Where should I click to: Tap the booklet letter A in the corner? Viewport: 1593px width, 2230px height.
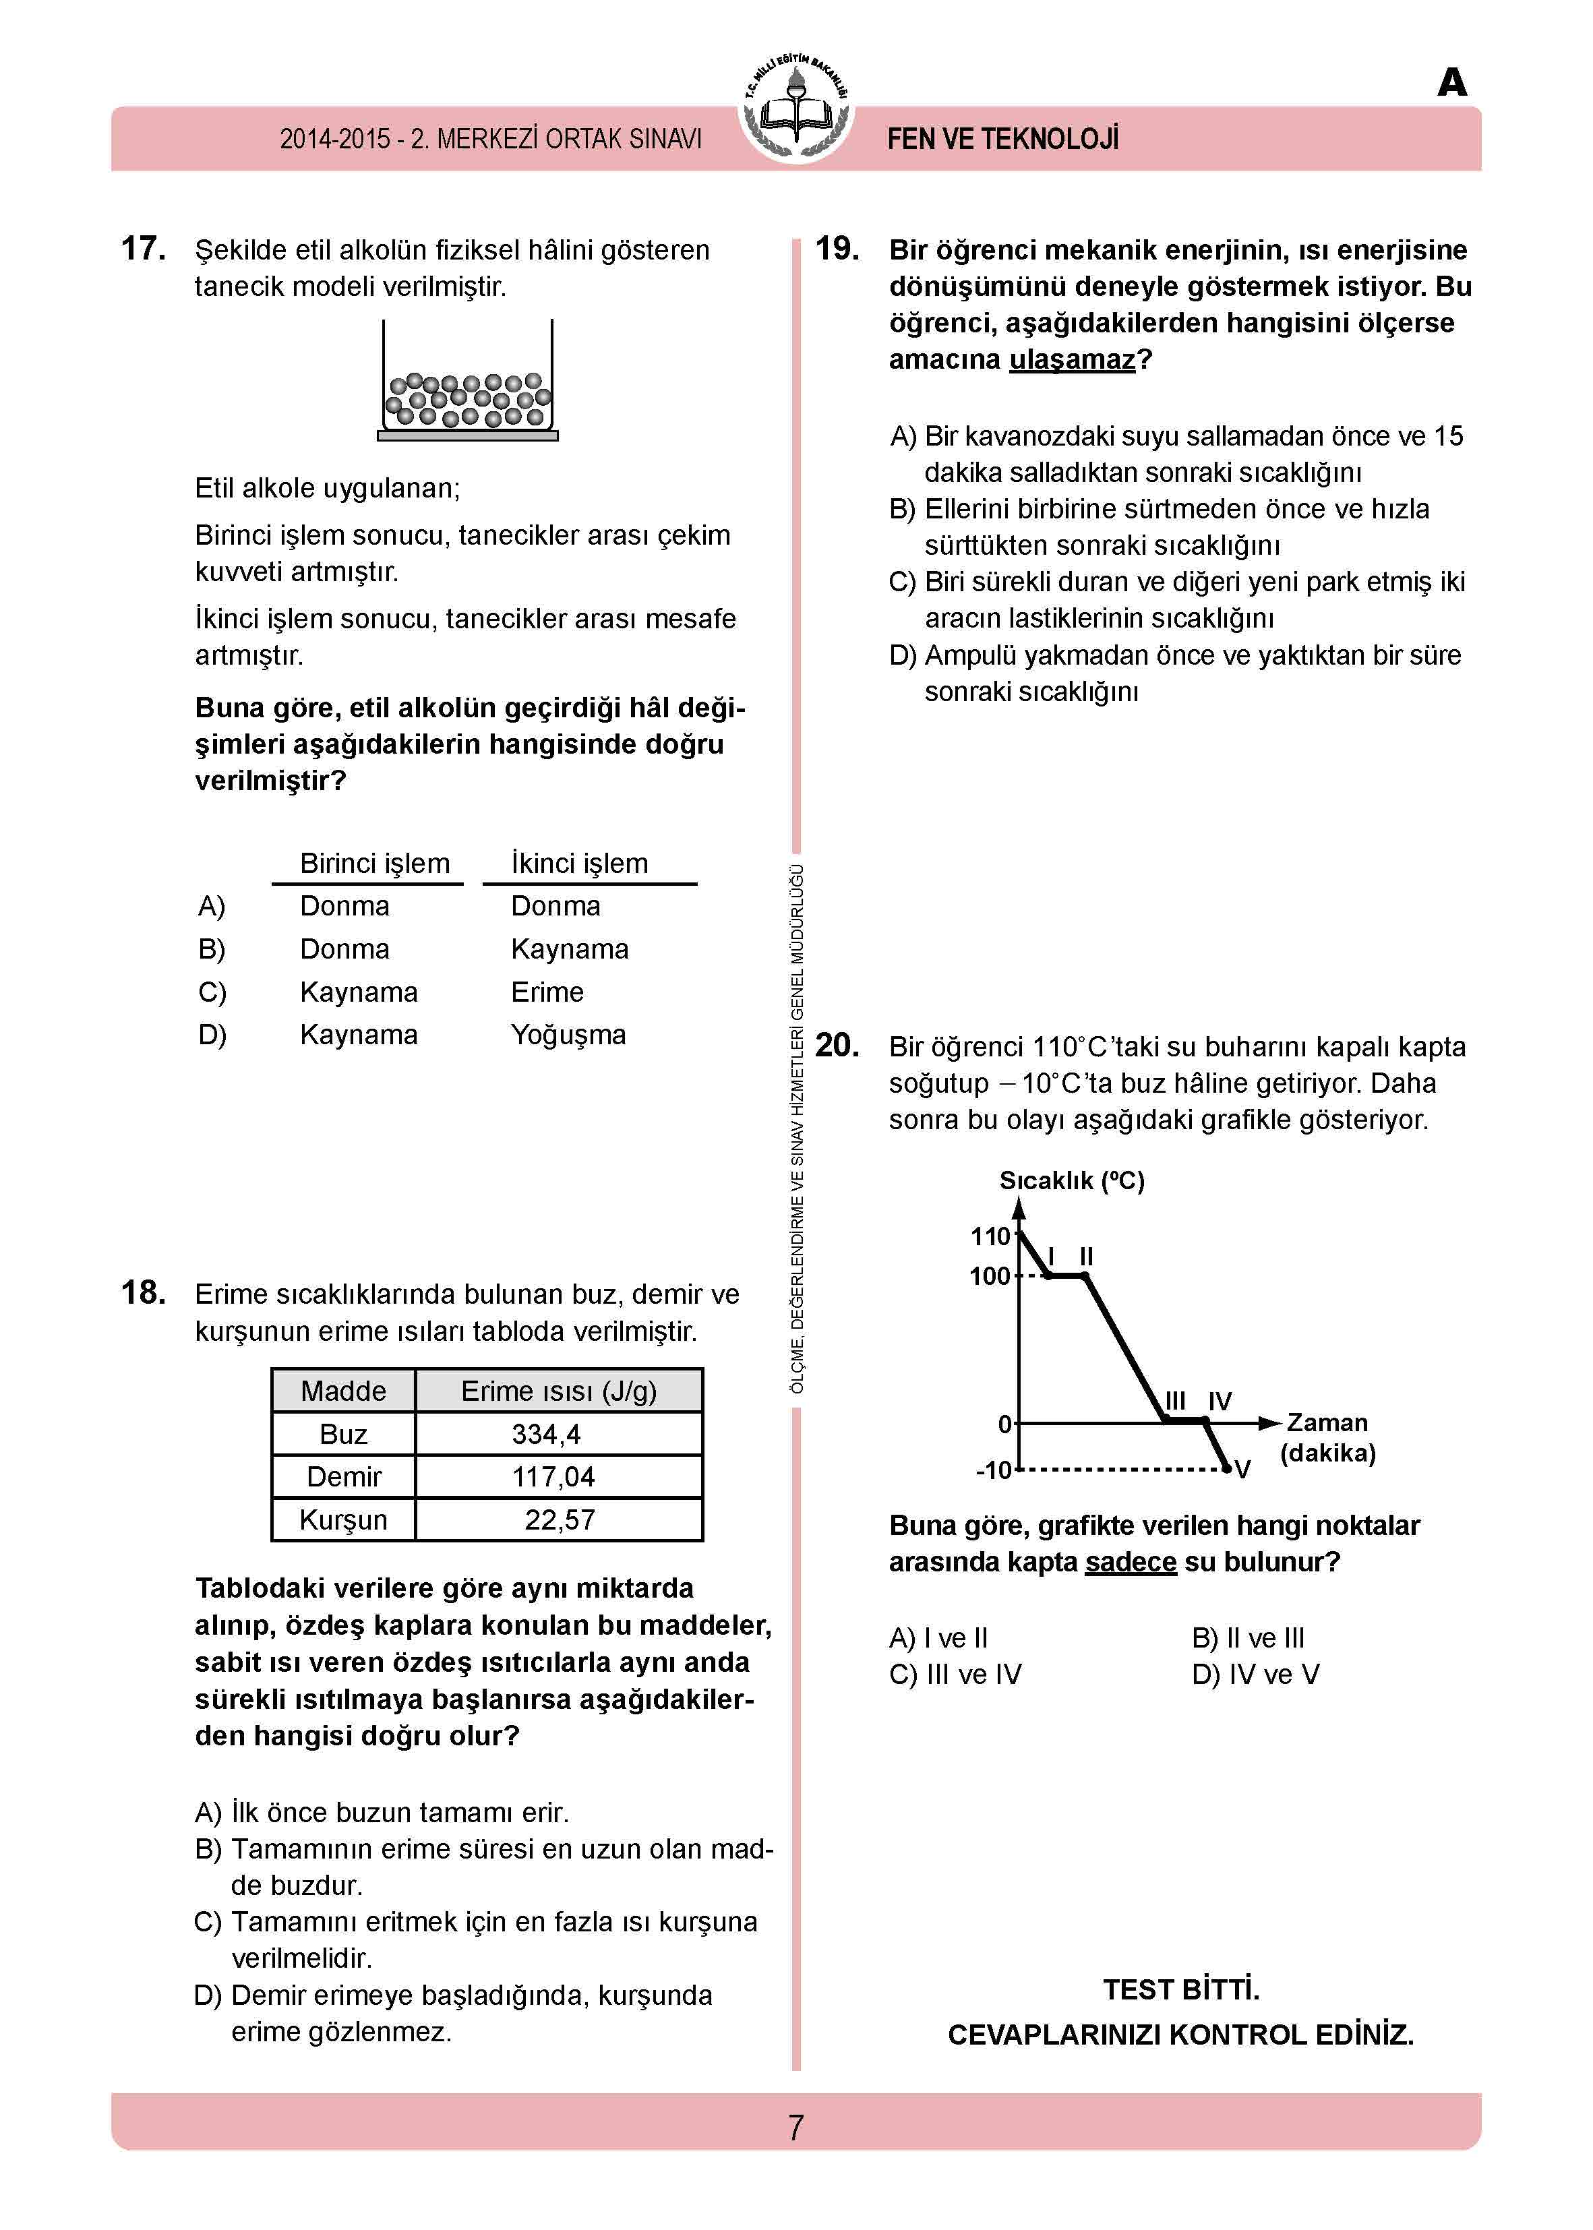(1451, 82)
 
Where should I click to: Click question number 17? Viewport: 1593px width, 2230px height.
(143, 249)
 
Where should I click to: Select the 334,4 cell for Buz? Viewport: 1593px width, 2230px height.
(546, 1434)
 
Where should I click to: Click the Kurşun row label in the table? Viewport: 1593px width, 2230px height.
(343, 1519)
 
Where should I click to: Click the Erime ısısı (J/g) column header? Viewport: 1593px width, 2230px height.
(558, 1391)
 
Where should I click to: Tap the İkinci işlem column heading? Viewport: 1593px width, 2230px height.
(580, 863)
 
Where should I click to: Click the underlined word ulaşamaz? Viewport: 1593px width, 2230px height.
(1072, 360)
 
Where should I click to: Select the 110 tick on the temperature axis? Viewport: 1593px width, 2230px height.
(991, 1236)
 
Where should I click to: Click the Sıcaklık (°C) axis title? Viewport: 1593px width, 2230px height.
(1072, 1180)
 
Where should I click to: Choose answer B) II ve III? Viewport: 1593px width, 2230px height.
(1248, 1637)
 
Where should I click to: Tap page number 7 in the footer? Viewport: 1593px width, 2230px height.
(795, 2127)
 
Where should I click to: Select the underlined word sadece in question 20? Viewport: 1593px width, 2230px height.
(1130, 1562)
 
